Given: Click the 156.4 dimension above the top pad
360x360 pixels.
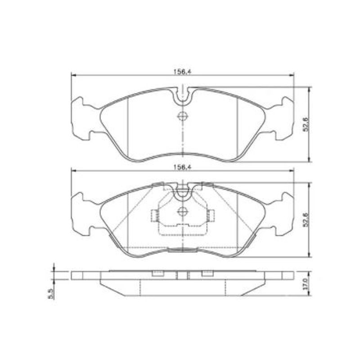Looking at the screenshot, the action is coord(182,72).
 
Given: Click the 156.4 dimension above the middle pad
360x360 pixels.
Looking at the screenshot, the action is coord(182,167).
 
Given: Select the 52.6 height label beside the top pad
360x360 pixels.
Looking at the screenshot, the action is coord(306,124).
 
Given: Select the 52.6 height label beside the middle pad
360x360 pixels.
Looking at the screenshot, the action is coord(306,220).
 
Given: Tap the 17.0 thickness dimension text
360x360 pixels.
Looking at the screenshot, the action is coord(305,284).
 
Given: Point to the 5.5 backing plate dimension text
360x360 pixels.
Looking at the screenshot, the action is coord(51,294).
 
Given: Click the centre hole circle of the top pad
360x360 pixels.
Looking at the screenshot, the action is coord(183,116).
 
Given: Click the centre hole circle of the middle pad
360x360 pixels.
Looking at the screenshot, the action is coord(183,211).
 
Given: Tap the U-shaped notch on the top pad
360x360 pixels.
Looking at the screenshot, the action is coord(183,99).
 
